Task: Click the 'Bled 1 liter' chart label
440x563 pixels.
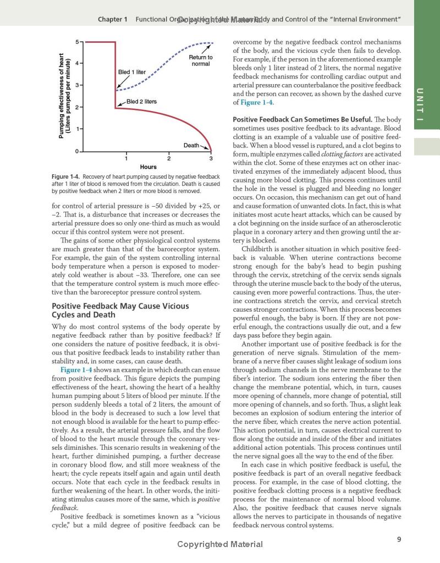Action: (132, 72)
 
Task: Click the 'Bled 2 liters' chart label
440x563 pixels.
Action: (141, 102)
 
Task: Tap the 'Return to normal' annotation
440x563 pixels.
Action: (201, 60)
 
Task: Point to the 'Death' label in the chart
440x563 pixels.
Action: (191, 146)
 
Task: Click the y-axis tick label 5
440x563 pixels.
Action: (77, 42)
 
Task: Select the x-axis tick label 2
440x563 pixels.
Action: (169, 159)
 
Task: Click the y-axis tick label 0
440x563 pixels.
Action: (77, 151)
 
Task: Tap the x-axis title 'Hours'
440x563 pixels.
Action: (148, 167)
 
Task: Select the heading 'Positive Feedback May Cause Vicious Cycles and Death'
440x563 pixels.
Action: (120, 310)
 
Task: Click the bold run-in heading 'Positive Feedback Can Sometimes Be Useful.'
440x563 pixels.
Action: (301, 119)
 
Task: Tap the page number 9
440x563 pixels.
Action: (399, 540)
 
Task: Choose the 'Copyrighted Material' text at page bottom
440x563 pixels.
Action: (220, 544)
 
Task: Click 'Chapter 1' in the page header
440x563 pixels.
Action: (113, 19)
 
